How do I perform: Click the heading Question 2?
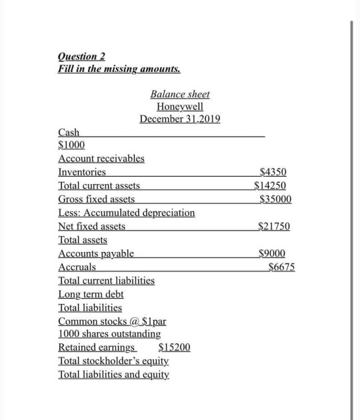[82, 56]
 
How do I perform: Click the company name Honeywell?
[179, 107]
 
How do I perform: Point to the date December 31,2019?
[179, 119]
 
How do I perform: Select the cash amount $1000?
[71, 145]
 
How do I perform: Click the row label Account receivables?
[101, 159]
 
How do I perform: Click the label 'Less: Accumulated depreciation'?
[127, 213]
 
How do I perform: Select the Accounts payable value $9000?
[272, 253]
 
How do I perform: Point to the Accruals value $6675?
[281, 267]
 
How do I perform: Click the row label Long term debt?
[91, 294]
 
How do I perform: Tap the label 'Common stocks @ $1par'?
[112, 321]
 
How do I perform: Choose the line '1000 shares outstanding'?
[109, 334]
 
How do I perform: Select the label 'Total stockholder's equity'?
[113, 361]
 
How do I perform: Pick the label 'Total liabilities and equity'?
[113, 375]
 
